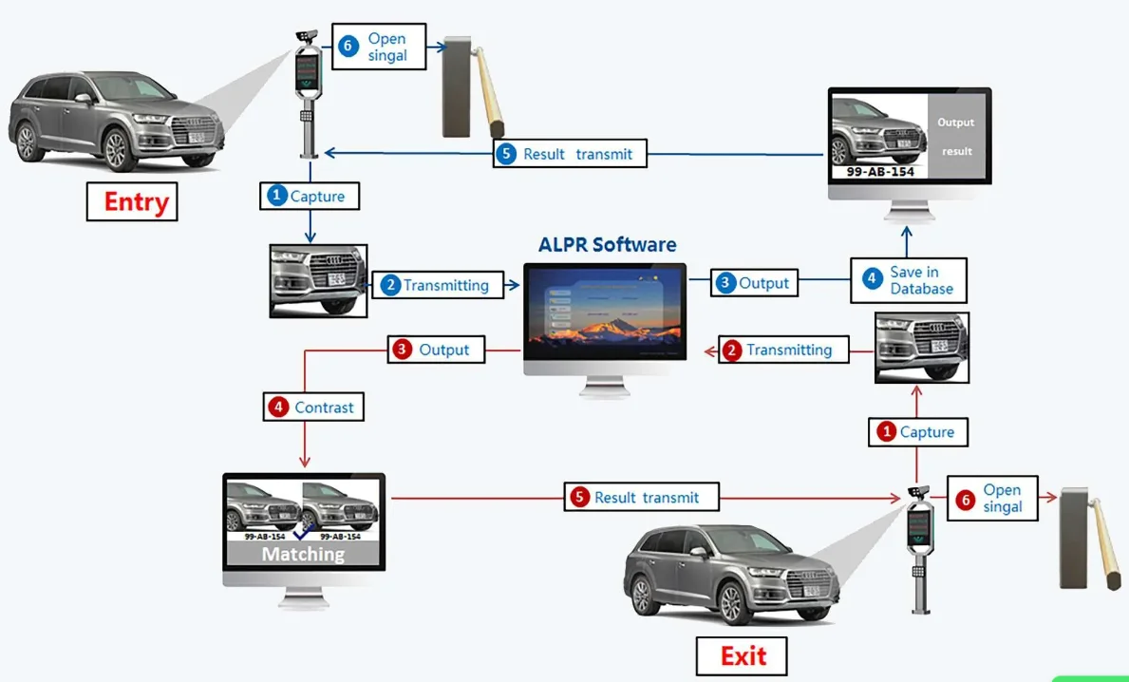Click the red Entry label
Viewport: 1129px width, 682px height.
pos(132,201)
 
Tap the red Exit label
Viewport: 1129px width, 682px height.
pos(742,655)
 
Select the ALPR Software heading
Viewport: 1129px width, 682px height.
pos(607,244)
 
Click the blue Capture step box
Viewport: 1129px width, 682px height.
pos(310,196)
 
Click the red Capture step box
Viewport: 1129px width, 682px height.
pos(917,432)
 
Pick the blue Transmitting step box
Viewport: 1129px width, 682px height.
pos(436,285)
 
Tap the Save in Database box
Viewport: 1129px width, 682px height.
pos(908,280)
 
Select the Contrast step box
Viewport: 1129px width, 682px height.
pos(314,407)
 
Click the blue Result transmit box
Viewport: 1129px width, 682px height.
pos(569,154)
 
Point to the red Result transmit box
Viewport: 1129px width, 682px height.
pos(641,497)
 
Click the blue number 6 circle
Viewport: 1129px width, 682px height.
pos(348,46)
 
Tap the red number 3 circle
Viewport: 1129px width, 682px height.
pos(402,350)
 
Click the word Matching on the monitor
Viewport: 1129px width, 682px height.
pos(303,554)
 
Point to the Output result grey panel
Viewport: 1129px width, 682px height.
pos(955,136)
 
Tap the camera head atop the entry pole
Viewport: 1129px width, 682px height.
pos(307,36)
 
